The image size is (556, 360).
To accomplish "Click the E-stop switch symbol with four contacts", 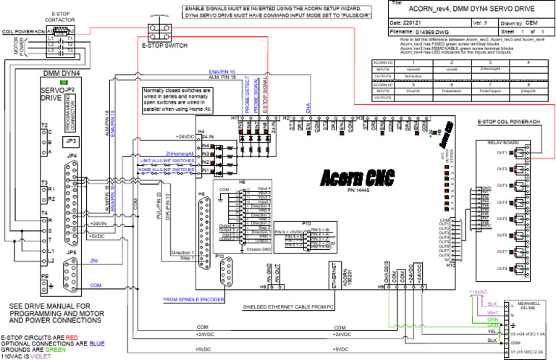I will tap(157, 32).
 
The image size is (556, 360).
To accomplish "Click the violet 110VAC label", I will tap(478, 292).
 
